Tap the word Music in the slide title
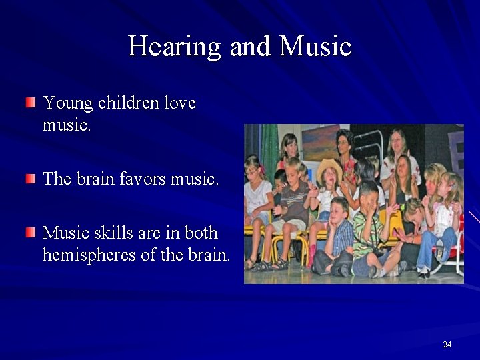[315, 47]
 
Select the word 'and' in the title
[250, 47]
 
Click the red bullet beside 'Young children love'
[31, 103]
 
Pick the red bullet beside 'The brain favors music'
[31, 178]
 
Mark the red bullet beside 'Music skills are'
[31, 232]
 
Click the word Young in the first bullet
[68, 103]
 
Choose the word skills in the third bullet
[112, 233]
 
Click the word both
[201, 233]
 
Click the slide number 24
[447, 344]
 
